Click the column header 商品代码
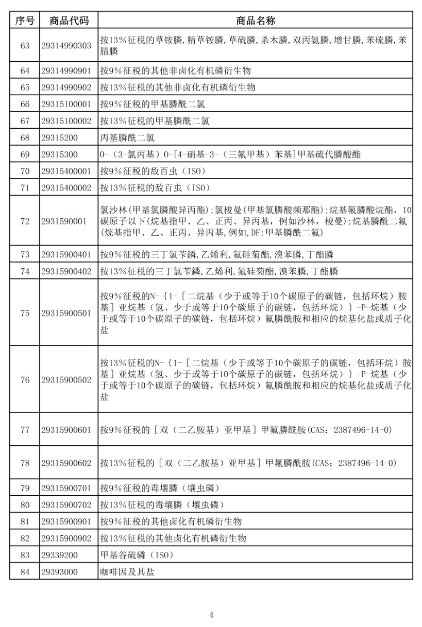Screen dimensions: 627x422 tap(69, 21)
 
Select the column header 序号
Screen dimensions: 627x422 tap(25, 21)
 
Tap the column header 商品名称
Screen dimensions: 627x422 tap(255, 21)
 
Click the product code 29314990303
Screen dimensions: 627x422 tap(69, 46)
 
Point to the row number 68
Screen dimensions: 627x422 tap(25, 138)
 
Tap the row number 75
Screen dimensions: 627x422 tap(25, 313)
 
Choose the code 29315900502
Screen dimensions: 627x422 tap(69, 380)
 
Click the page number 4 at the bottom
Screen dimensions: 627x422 tap(211, 615)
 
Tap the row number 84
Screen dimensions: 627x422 tap(25, 572)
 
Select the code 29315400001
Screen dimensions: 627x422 tap(69, 171)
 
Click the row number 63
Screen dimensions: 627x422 tap(25, 46)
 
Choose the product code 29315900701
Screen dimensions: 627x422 tap(69, 487)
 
